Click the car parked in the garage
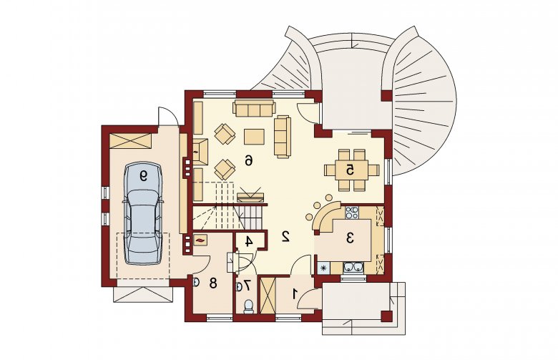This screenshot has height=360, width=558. pyautogui.click(x=142, y=213)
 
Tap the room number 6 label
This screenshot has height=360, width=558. pyautogui.click(x=248, y=161)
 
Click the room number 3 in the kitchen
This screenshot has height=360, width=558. pyautogui.click(x=350, y=238)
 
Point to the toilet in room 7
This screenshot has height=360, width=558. pyautogui.click(x=248, y=306)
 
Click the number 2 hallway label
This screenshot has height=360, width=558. pyautogui.click(x=285, y=236)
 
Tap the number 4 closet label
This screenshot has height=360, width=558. pyautogui.click(x=249, y=241)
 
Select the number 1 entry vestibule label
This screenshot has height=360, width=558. pyautogui.click(x=295, y=294)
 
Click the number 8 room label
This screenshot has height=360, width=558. pyautogui.click(x=213, y=283)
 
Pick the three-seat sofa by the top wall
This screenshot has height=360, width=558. pyautogui.click(x=254, y=108)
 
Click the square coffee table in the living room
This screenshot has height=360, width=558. pyautogui.click(x=254, y=137)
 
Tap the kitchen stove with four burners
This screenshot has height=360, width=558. pyautogui.click(x=351, y=213)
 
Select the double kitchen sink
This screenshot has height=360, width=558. pyautogui.click(x=353, y=268)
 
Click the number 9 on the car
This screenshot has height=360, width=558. pyautogui.click(x=143, y=175)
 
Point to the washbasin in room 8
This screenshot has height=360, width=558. pyautogui.click(x=195, y=282)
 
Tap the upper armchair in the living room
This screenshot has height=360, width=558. pyautogui.click(x=225, y=134)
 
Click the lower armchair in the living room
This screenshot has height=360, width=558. pyautogui.click(x=225, y=169)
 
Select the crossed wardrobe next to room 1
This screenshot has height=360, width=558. pyautogui.click(x=268, y=295)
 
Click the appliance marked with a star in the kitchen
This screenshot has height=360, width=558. pyautogui.click(x=323, y=268)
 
